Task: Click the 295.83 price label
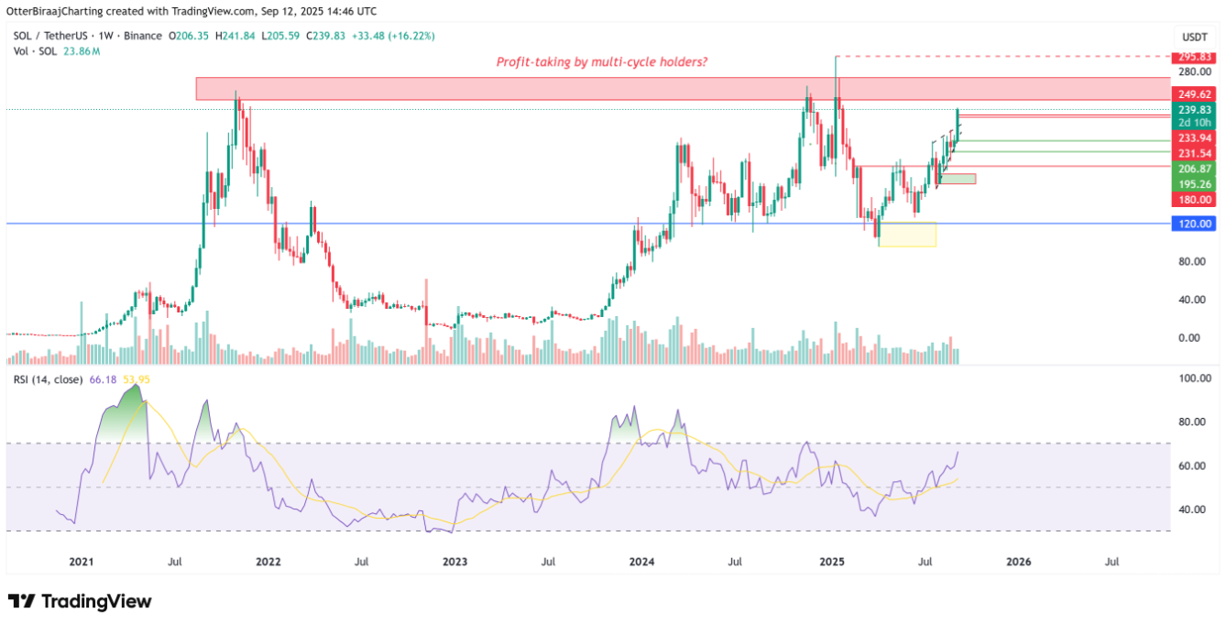1194,57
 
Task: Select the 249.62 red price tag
1194,94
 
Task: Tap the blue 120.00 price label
1194,224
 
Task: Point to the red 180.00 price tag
1194,200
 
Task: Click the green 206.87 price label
1194,169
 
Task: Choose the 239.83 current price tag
1194,109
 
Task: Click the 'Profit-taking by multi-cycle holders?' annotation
601,61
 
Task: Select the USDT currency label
1194,37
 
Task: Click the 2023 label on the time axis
455,561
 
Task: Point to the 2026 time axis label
1018,561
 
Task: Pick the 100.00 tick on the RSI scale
1194,378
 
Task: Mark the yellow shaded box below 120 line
907,235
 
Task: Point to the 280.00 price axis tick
1194,71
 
